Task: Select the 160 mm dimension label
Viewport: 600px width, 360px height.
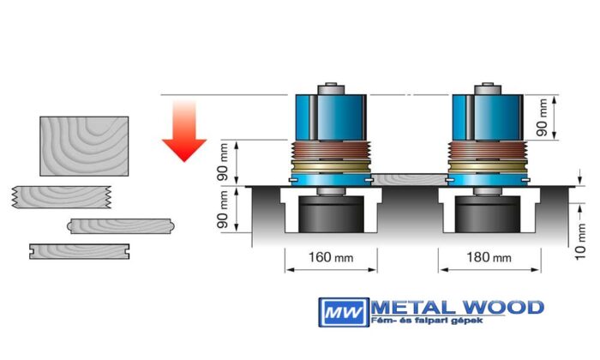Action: [330, 257]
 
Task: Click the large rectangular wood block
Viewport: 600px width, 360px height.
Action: [84, 147]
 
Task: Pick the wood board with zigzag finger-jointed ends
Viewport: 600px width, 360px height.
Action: [62, 197]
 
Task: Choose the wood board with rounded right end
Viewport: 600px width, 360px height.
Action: [120, 225]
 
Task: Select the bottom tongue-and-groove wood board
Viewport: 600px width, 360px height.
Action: [79, 250]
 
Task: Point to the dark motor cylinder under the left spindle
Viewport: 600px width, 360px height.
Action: [330, 219]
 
